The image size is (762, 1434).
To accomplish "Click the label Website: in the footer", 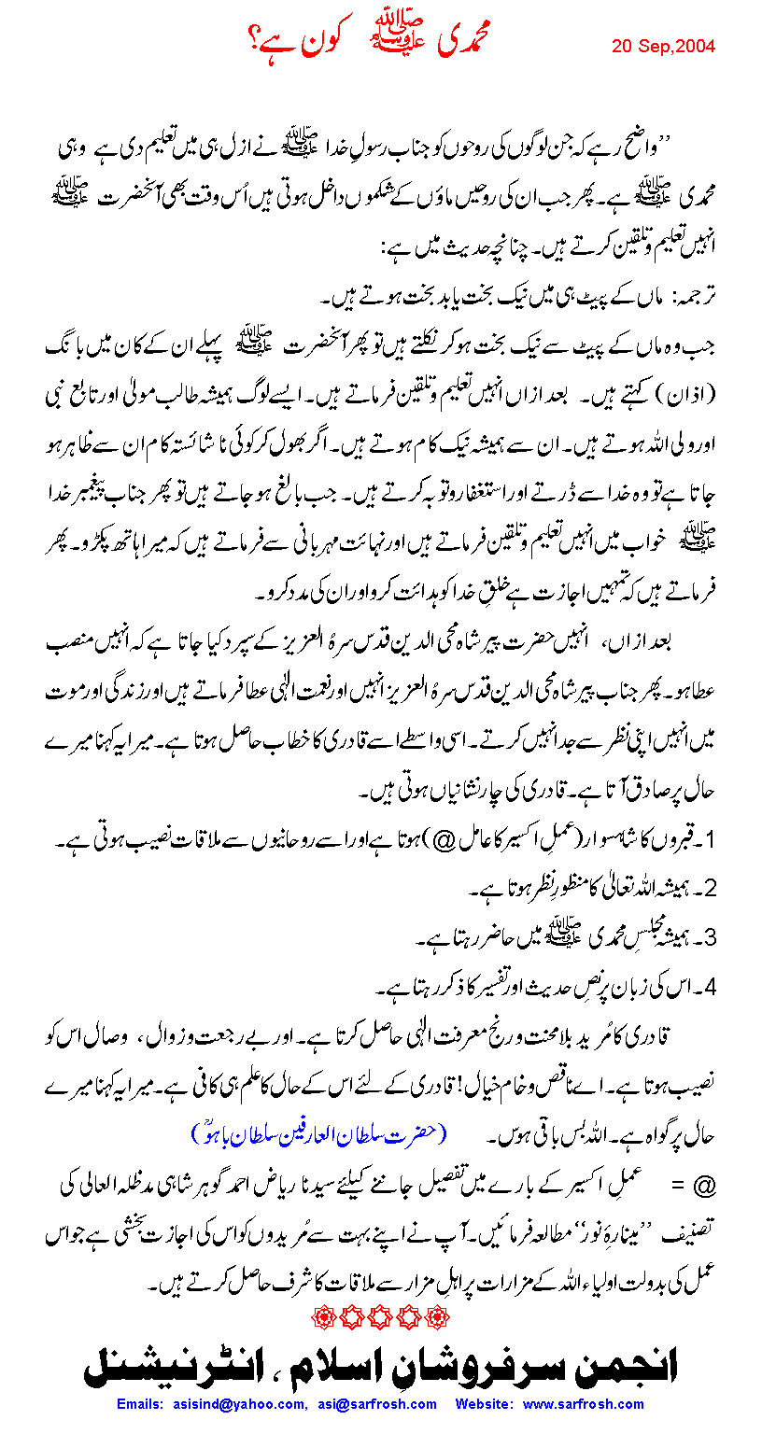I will coord(486,1403).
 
